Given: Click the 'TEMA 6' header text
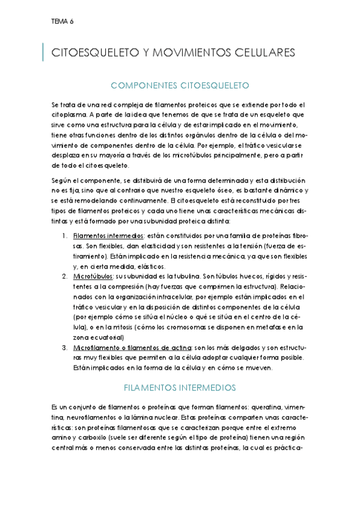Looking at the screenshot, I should tap(63, 21).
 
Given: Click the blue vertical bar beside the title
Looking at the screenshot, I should tap(44, 52).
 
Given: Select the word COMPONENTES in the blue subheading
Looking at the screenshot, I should tap(145, 85).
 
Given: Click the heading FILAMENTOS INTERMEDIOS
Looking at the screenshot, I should tap(179, 387).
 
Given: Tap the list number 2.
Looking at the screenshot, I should tap(64, 275).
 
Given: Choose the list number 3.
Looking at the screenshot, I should tap(64, 348).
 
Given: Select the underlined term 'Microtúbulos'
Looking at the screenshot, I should tap(93, 275).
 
